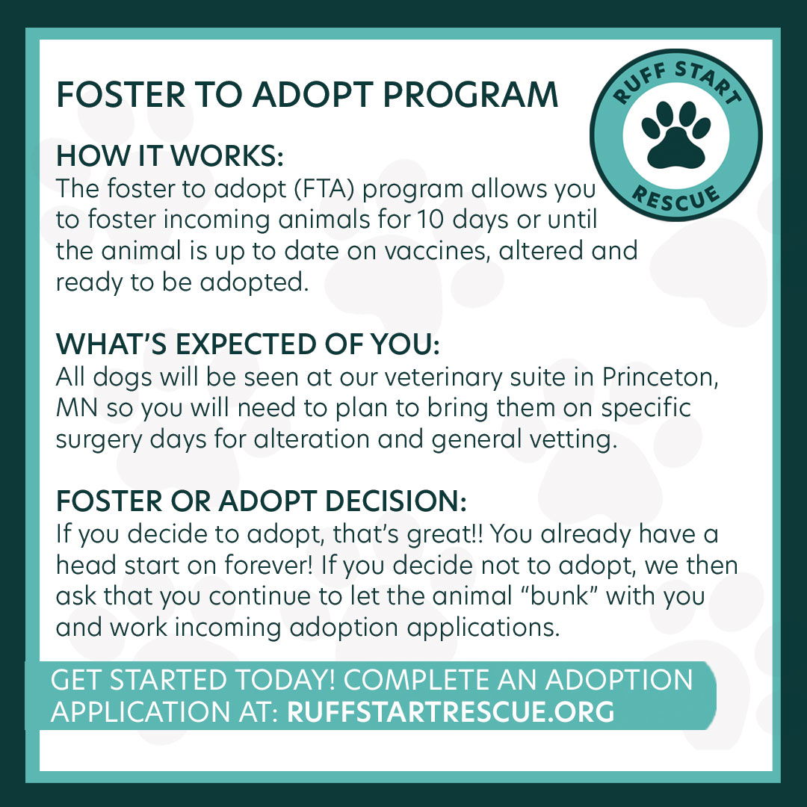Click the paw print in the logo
click(x=676, y=134)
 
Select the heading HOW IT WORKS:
click(x=170, y=155)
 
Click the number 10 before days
click(x=430, y=220)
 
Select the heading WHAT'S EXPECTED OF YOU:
click(x=247, y=344)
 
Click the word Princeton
click(x=661, y=377)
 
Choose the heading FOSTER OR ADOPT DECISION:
click(x=261, y=501)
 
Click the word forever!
click(x=269, y=565)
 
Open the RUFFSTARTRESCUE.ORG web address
click(x=451, y=711)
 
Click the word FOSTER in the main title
click(x=120, y=95)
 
